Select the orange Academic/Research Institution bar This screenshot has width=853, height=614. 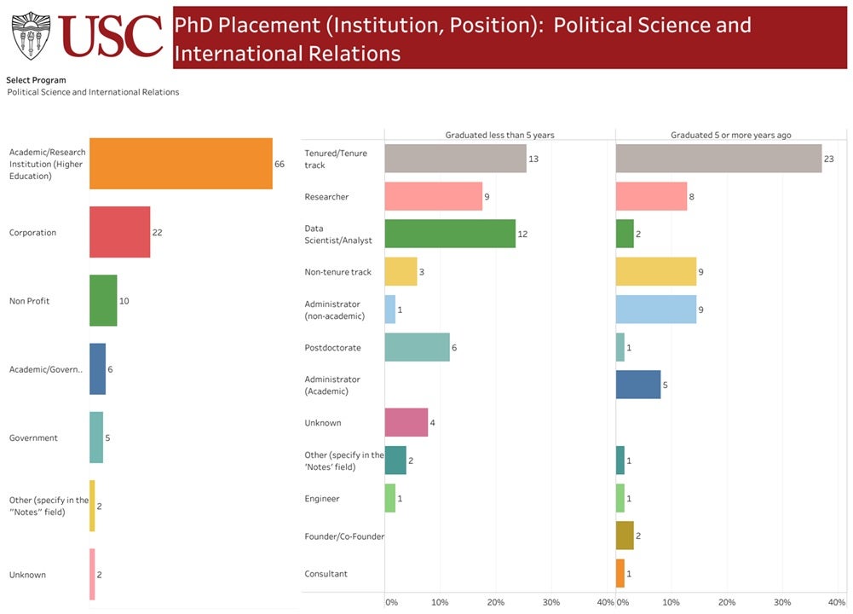tap(181, 164)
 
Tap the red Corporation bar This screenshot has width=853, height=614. tap(120, 232)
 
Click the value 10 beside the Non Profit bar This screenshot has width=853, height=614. tap(124, 301)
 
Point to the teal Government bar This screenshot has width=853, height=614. tap(96, 437)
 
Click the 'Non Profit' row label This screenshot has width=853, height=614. tap(29, 301)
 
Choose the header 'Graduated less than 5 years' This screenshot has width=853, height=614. tap(499, 136)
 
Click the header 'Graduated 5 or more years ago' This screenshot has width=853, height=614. tap(729, 136)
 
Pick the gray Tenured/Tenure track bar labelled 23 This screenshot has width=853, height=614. tap(718, 159)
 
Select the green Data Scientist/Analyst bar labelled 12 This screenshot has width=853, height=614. tap(450, 234)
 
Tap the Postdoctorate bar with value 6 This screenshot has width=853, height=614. tap(417, 347)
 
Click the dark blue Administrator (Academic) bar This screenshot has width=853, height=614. tap(638, 385)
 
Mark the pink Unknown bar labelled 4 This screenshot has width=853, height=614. tap(406, 422)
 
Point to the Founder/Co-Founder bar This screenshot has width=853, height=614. tap(625, 536)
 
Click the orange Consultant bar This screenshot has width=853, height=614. tap(620, 573)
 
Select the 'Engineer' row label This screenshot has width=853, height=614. tap(322, 498)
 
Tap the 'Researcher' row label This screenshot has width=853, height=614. tap(326, 197)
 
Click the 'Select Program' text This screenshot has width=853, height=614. tap(36, 80)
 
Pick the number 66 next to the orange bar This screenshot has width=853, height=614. tap(280, 164)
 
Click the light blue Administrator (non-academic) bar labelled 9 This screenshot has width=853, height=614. tap(656, 309)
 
